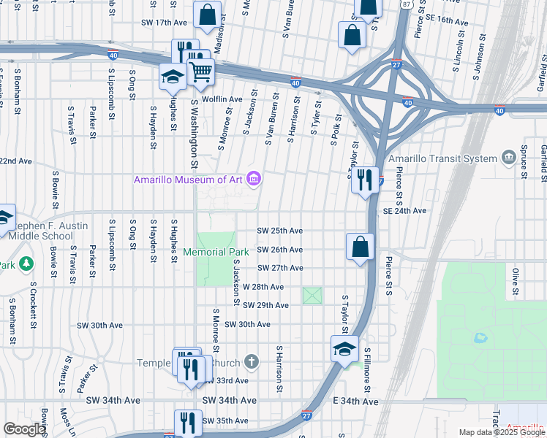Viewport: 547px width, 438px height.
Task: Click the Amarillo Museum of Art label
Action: point(189,180)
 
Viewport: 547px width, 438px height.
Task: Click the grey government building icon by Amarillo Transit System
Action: point(508,158)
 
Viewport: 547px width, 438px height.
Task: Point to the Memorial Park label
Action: point(226,252)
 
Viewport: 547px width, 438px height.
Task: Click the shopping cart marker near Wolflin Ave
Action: point(200,72)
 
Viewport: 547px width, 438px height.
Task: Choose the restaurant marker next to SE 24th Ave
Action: point(364,180)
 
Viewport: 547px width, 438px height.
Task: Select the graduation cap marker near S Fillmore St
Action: point(344,349)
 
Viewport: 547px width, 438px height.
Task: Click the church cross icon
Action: point(251,361)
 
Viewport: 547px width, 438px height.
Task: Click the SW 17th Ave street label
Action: point(165,23)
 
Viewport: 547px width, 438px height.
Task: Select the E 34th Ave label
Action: point(356,401)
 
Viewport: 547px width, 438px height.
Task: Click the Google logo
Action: point(23,429)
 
